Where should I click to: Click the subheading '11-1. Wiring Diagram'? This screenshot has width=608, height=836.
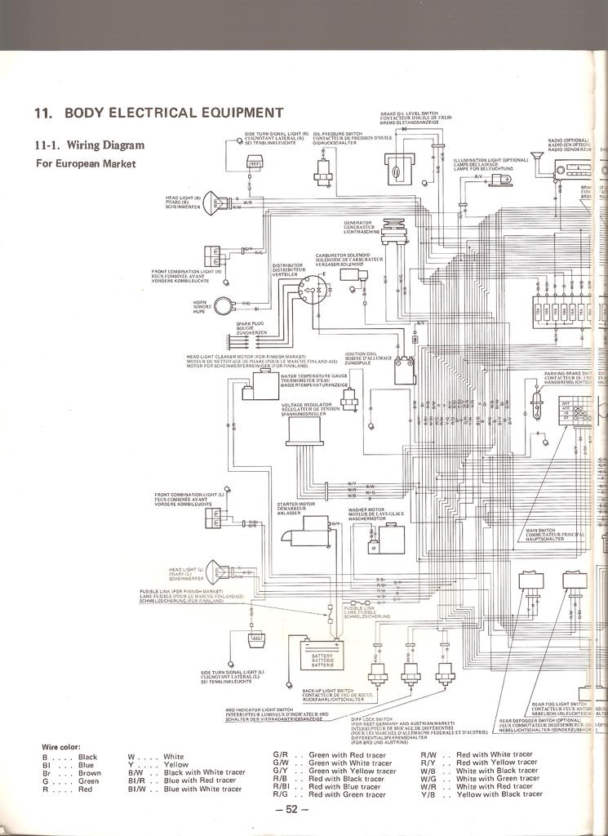pos(90,145)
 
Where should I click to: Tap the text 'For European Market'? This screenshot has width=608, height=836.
pos(85,163)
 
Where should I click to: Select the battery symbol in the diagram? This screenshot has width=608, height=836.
pos(322,655)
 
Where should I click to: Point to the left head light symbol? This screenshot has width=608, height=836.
pos(215,571)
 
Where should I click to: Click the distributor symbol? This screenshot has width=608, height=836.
pos(311,287)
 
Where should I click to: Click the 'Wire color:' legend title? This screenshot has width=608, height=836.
pos(60,747)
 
